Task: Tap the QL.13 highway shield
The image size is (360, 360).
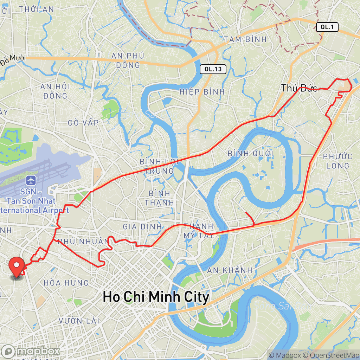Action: coord(213,69)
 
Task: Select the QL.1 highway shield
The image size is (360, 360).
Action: coord(327,27)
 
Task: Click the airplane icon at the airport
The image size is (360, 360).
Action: coord(31,181)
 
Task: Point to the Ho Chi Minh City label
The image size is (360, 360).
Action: coord(156,297)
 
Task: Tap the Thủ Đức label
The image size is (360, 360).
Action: coord(299,88)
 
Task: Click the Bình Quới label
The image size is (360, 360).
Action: coord(250,154)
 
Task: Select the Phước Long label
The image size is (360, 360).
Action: coord(337,161)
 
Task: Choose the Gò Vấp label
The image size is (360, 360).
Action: coord(84,122)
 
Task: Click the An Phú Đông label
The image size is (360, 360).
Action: coord(126,60)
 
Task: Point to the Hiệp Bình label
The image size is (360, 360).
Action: coord(202,92)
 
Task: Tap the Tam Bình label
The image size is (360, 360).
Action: coord(246,39)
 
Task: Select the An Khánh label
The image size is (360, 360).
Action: coord(230,270)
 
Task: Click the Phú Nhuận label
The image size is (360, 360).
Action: coord(83,242)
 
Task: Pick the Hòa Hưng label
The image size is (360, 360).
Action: coord(66,283)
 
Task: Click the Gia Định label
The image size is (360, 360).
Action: coord(142,227)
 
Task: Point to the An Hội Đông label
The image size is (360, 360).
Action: coord(55,91)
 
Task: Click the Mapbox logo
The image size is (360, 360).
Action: coord(31,351)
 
